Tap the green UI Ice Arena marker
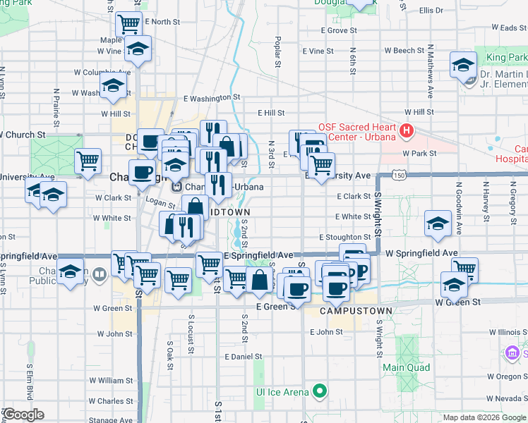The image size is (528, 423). click(x=320, y=391)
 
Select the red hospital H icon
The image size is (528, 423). click(x=406, y=131)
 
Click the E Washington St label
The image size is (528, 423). click(x=212, y=99)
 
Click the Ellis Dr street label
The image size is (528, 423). click(x=430, y=11)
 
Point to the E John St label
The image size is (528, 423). click(x=325, y=331)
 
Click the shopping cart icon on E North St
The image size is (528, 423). click(x=129, y=24)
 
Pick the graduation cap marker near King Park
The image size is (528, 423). click(x=463, y=66)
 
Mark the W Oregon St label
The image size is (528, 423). click(x=505, y=376)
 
